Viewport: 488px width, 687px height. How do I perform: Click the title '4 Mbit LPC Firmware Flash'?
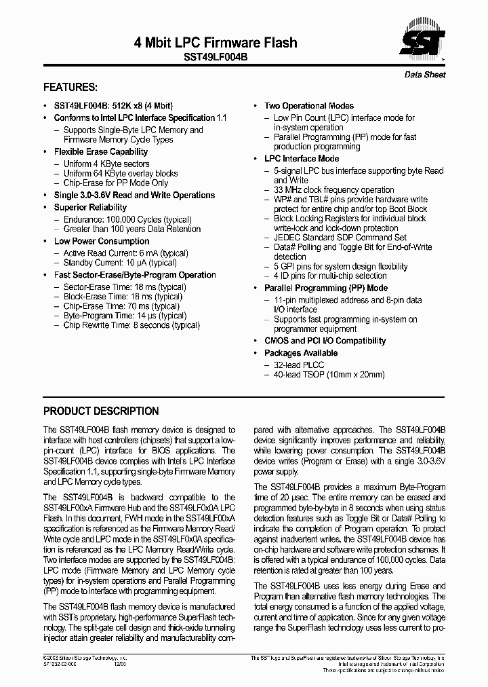[216, 43]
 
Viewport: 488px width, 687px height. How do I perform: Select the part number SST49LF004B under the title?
[216, 58]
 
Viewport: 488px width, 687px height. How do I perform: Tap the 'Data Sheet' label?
[425, 75]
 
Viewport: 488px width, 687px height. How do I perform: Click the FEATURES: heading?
[70, 88]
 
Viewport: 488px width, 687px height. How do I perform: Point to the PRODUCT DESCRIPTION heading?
[101, 411]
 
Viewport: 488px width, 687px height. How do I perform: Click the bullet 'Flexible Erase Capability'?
[100, 152]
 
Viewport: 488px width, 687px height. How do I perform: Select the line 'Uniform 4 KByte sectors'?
[106, 164]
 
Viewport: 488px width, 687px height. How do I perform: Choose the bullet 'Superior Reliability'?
[90, 208]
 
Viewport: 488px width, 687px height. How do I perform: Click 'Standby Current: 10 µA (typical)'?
[120, 263]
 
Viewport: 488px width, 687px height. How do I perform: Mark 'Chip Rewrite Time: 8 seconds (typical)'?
[131, 325]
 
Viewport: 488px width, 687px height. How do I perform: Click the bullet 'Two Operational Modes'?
[308, 106]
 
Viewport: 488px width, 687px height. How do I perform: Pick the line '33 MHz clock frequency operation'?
[333, 190]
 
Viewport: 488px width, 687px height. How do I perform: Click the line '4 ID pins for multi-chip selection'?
[330, 276]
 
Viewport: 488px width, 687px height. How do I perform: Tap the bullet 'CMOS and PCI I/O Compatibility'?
[325, 341]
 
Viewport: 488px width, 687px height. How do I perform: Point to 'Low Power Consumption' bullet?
[102, 242]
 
